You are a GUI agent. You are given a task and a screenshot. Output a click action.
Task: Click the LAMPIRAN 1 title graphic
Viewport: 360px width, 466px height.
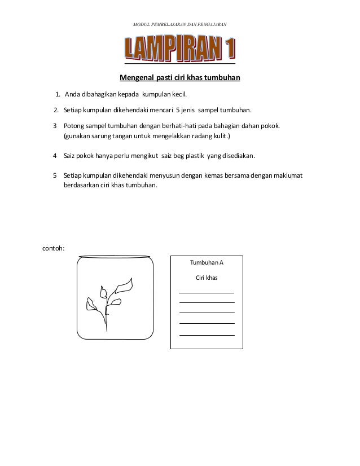click(180, 50)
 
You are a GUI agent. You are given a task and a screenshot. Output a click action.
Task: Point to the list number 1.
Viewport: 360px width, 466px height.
click(58, 94)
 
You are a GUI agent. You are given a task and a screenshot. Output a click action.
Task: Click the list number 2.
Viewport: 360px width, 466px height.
click(56, 109)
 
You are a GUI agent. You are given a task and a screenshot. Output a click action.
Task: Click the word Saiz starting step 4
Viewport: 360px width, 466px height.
click(71, 155)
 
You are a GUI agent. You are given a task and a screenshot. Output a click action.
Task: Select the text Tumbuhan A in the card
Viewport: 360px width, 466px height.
click(207, 263)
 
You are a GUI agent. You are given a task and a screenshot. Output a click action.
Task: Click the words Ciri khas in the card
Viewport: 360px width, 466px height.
click(207, 278)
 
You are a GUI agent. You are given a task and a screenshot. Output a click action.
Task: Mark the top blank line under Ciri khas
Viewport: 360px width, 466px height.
click(207, 293)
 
